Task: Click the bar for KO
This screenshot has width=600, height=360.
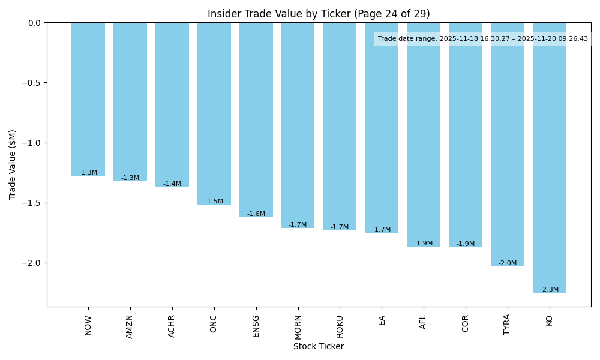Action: (549, 157)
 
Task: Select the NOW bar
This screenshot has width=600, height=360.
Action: (88, 99)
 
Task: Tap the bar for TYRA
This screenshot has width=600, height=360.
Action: (507, 144)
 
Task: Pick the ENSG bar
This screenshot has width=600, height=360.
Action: (256, 120)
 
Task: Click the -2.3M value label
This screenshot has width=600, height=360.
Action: (549, 290)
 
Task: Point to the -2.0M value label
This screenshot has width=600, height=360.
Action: (507, 263)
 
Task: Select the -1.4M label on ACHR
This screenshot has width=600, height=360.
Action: (172, 184)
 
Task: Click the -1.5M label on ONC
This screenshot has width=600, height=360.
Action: (214, 202)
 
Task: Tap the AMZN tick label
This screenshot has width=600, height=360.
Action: (130, 326)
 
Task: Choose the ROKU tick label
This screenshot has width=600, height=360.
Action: (340, 326)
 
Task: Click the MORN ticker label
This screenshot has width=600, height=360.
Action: (298, 326)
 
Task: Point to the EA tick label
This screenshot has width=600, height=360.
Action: (382, 320)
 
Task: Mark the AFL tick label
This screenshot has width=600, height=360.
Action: (424, 322)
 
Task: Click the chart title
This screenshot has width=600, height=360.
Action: (319, 14)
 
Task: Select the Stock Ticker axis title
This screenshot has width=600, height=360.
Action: (319, 346)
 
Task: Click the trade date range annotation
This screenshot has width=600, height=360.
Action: (482, 39)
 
